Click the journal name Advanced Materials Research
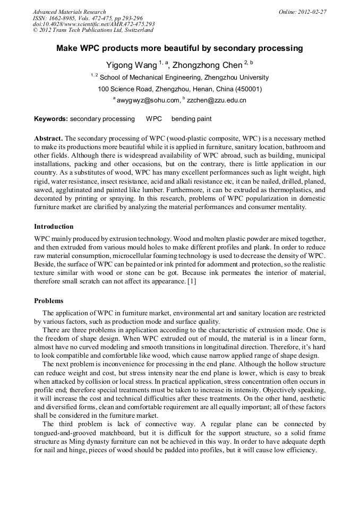click(x=69, y=12)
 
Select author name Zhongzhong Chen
click(x=208, y=65)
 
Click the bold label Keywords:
click(x=51, y=119)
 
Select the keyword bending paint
click(x=191, y=119)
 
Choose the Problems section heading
click(x=49, y=301)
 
